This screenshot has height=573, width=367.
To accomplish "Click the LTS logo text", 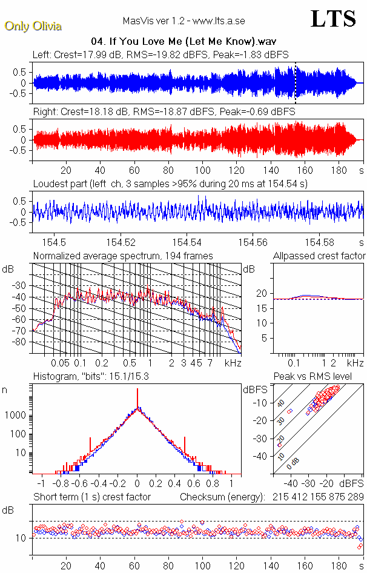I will [332, 19].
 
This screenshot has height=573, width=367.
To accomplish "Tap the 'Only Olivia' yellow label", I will [33, 26].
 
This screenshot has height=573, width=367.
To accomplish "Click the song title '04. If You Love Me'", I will [183, 42].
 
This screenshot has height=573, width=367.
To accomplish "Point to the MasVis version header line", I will [183, 21].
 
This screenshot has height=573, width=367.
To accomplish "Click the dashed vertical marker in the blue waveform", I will [295, 82].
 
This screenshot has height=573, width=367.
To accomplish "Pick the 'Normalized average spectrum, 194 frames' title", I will [123, 256].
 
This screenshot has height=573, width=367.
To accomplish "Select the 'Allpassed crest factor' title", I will [319, 256].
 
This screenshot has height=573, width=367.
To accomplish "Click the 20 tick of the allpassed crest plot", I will [262, 293].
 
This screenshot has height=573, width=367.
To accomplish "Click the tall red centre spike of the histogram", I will [137, 400].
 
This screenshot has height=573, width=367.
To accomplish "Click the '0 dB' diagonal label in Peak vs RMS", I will [294, 461].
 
